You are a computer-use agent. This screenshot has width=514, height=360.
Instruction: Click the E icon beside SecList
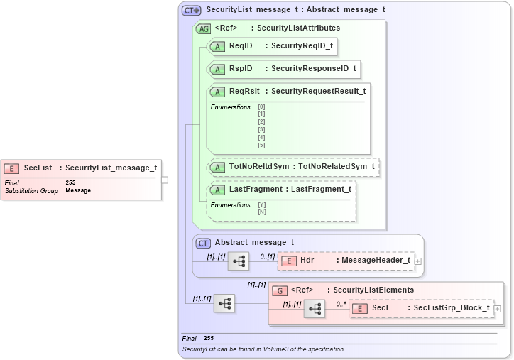point(11,168)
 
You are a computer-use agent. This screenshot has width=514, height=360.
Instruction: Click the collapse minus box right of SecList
point(165,180)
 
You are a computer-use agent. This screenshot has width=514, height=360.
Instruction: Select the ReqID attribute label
point(241,46)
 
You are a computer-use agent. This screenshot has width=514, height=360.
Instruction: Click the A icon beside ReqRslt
point(217,92)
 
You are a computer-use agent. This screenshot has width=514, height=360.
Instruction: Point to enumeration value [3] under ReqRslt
point(261,129)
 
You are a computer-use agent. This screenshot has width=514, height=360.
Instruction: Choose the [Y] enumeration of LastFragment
point(261,205)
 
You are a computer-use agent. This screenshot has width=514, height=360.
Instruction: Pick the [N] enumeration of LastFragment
point(261,212)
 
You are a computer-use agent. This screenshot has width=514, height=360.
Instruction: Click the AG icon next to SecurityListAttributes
point(203,28)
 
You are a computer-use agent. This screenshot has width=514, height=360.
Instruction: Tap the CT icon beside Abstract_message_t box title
point(204,243)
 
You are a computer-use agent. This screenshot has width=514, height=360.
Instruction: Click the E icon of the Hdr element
point(288,261)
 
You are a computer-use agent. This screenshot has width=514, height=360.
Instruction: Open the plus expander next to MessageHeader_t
point(418,261)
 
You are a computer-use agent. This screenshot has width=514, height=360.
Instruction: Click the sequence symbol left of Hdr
point(239,261)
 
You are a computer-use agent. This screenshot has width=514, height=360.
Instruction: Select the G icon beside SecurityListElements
point(280,290)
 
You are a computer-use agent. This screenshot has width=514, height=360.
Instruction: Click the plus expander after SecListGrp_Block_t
point(497,309)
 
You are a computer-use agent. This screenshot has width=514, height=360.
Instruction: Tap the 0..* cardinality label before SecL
point(341,304)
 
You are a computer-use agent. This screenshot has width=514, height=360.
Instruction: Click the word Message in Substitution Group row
point(78,191)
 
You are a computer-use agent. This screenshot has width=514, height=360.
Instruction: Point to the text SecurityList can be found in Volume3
point(263,349)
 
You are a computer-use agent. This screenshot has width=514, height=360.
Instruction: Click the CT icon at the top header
point(191,11)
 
